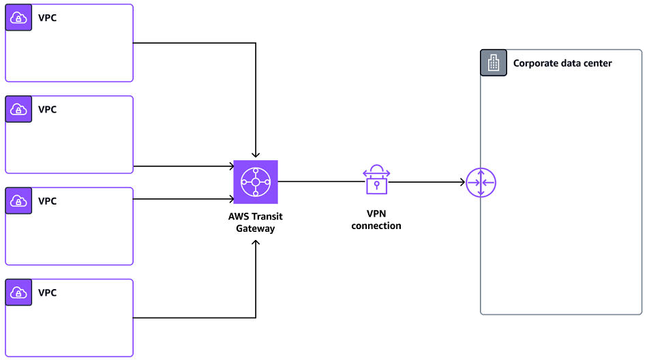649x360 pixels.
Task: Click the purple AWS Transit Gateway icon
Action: [x=256, y=182]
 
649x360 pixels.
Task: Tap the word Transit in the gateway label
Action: [x=267, y=217]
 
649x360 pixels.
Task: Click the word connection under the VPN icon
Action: [x=376, y=226]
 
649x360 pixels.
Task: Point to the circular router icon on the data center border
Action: [x=481, y=183]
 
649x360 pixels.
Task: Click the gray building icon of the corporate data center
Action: [x=494, y=63]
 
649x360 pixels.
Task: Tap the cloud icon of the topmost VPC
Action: [x=18, y=18]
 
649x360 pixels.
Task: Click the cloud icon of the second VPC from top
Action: [x=18, y=110]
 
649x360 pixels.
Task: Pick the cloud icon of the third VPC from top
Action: [x=18, y=201]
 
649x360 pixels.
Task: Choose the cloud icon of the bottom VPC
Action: [x=18, y=293]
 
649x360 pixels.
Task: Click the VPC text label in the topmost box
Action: [x=47, y=18]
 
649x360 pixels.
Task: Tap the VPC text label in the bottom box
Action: [x=47, y=292]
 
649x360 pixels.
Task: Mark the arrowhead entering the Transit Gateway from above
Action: [x=256, y=156]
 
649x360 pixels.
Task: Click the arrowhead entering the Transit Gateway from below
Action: [x=256, y=243]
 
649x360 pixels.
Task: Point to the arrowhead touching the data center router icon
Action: [x=462, y=183]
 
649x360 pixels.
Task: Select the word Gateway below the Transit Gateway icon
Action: [x=256, y=229]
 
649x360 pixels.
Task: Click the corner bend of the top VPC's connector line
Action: [x=256, y=43]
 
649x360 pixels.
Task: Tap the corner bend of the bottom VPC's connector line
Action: [x=256, y=318]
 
